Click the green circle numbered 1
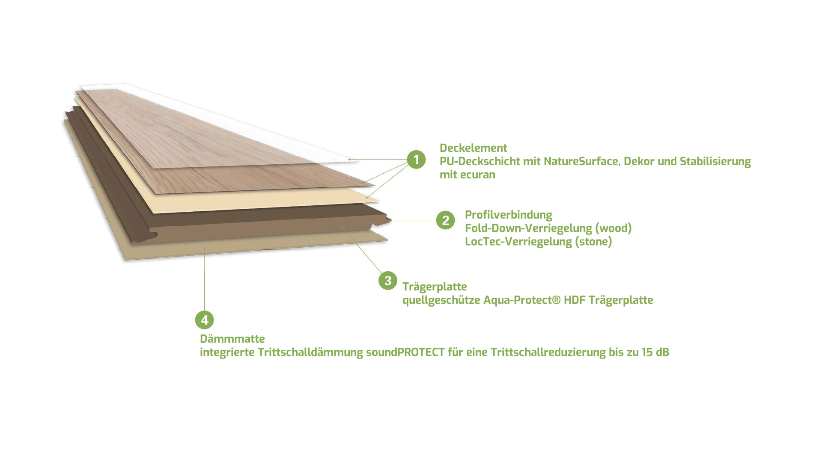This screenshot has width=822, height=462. (416, 160)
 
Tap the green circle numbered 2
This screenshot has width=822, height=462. (445, 220)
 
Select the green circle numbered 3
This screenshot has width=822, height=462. (388, 281)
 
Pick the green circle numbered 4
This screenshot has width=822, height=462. (205, 320)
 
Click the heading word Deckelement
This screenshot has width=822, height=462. (473, 148)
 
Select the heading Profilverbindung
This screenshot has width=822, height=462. (509, 215)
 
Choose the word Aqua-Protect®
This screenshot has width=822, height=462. (521, 300)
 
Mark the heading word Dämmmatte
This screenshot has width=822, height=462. (232, 339)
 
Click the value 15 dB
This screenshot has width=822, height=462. (655, 352)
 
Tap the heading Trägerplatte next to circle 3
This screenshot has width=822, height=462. (435, 287)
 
